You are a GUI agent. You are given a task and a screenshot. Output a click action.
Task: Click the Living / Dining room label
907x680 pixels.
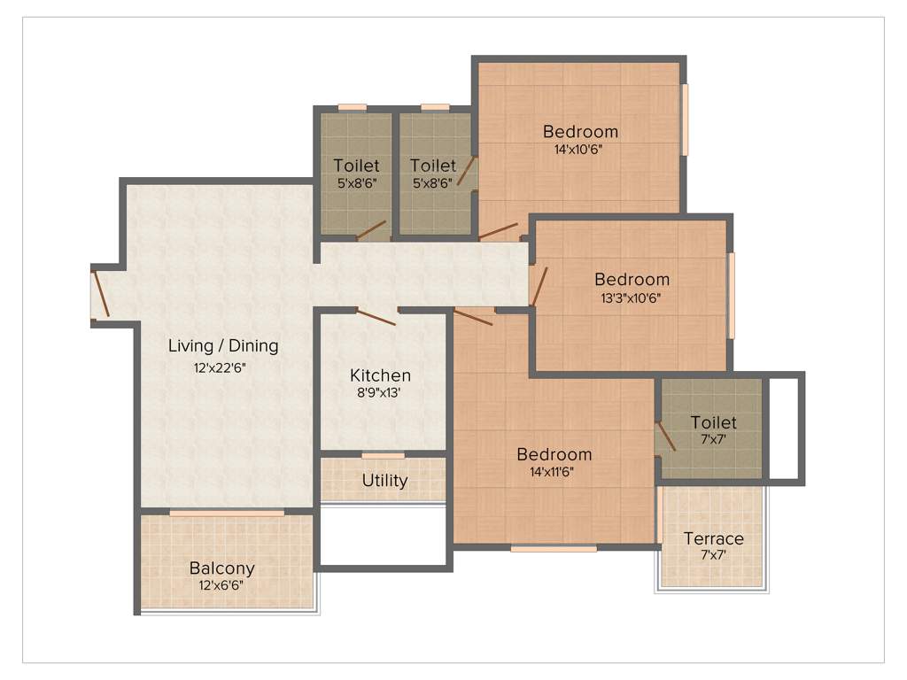[x=223, y=345]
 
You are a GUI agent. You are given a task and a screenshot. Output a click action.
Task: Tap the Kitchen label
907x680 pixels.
[x=380, y=375]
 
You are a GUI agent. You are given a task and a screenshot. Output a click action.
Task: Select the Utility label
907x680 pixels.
[x=385, y=481]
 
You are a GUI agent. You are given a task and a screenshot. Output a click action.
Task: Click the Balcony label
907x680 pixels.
[x=222, y=568]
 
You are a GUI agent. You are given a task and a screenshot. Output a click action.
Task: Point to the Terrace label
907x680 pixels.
[x=714, y=538]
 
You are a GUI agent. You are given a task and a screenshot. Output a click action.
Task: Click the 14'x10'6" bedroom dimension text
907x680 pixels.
[x=580, y=150]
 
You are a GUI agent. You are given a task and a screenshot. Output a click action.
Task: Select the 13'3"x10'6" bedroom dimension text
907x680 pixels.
[x=631, y=297]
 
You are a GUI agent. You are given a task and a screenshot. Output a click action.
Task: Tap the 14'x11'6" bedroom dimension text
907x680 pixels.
[x=554, y=472]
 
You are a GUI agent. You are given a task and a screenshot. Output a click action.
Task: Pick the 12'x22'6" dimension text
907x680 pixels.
[x=223, y=366]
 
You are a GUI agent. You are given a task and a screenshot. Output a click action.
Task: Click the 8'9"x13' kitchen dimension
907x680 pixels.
[x=380, y=393]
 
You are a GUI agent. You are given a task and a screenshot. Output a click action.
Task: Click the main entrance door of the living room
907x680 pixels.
[x=101, y=293]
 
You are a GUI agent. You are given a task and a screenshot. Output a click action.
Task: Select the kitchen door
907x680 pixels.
[x=376, y=317]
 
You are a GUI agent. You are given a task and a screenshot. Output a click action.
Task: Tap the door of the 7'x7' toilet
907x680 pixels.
[x=665, y=437]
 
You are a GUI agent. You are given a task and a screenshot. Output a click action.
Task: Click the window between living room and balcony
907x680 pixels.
[x=227, y=513]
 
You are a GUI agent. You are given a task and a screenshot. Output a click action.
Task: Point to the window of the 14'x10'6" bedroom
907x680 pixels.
[x=685, y=120]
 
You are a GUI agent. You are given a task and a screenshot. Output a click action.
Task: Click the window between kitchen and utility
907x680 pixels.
[x=384, y=455]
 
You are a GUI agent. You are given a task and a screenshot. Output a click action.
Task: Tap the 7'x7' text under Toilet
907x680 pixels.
[x=713, y=438]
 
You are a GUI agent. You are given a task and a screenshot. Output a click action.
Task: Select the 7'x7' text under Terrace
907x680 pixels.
[x=714, y=555]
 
